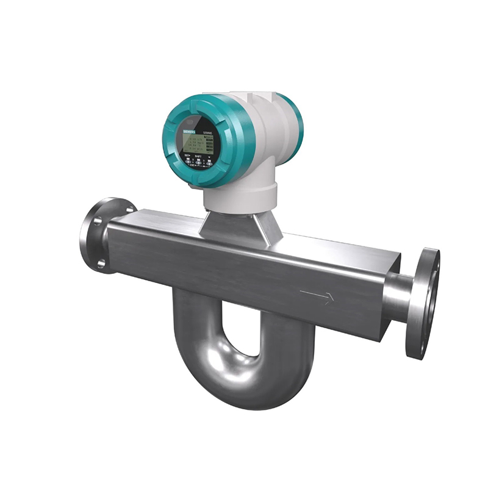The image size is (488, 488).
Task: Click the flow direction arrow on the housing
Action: tap(317, 297)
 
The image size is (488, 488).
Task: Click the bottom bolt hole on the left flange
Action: tap(100, 264)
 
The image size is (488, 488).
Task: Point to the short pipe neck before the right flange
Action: tap(396, 297)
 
